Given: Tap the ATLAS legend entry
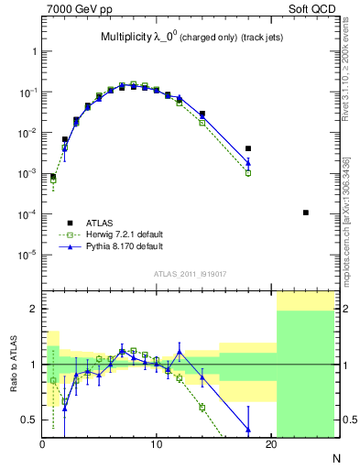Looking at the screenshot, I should (x=99, y=223).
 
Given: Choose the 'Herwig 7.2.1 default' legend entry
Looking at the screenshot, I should (x=114, y=234).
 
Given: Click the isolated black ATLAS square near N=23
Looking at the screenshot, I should (x=305, y=213).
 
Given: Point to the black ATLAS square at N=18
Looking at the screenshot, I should (x=248, y=148).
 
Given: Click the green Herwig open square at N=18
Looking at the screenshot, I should (x=248, y=172).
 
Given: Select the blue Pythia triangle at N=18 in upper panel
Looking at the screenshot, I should (x=248, y=163).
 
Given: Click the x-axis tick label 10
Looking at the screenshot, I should (x=157, y=445).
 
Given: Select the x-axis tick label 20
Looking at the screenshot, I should (x=270, y=445).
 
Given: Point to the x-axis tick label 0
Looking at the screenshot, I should (x=43, y=445).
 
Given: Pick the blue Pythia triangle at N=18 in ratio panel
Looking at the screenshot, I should (x=248, y=429).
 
